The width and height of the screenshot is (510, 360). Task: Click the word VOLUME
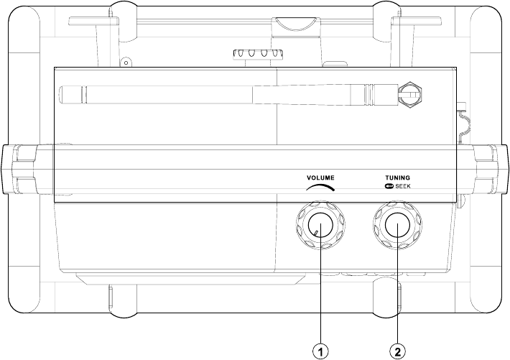pos(320,177)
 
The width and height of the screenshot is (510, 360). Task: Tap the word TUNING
pos(397,177)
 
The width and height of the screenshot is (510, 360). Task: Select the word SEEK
pos(403,187)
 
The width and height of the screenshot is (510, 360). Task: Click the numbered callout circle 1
pos(320,351)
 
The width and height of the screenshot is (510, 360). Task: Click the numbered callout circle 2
pos(398,351)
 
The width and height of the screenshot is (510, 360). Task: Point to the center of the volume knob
pos(320,225)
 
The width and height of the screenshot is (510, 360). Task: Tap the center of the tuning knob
pos(398,225)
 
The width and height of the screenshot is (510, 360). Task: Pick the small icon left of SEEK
pos(389,187)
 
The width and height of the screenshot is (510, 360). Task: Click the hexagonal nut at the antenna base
pos(411,95)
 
